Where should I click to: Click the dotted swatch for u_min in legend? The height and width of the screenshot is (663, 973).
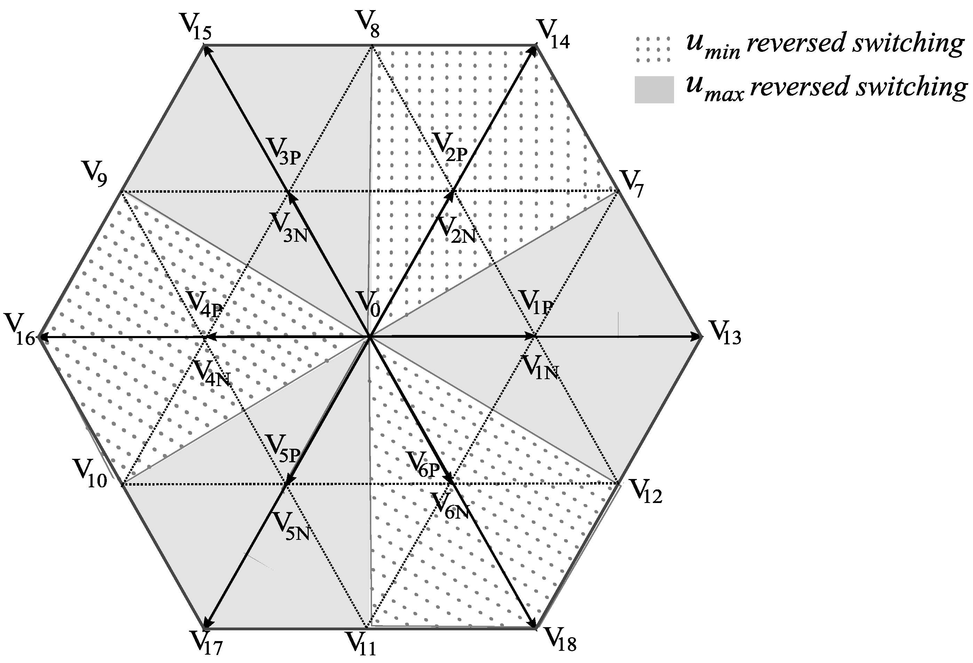[653, 49]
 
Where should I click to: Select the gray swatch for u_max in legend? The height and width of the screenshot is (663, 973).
[654, 90]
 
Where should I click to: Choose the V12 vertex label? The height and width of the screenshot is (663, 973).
[646, 490]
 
